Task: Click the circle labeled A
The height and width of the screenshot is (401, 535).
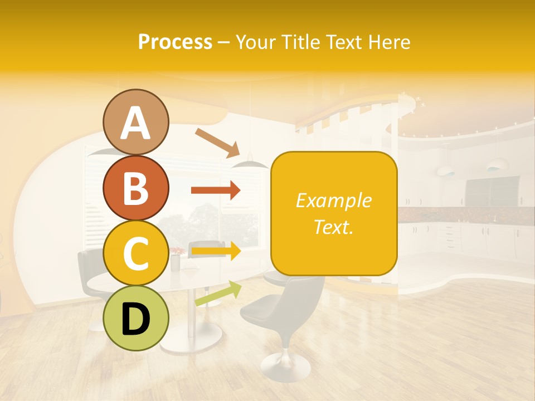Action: coord(136,123)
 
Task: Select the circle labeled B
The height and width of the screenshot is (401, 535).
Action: coord(136,188)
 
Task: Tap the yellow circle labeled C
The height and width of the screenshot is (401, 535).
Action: coord(136,253)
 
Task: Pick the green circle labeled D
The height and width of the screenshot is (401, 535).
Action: coord(136,318)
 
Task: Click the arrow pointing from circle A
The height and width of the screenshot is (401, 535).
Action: coord(217,142)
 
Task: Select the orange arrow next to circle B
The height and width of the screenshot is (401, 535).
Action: coord(216,190)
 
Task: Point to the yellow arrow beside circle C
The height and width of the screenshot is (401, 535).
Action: coord(216,251)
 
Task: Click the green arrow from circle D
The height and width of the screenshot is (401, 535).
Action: coord(218,294)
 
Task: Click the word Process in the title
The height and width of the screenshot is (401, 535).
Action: coord(175,42)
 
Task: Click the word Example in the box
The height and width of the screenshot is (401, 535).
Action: coord(334,200)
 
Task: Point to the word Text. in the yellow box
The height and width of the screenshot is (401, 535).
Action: coord(334,227)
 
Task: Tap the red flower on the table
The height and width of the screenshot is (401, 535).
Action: coord(177,252)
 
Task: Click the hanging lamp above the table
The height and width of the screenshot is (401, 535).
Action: coord(250,163)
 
